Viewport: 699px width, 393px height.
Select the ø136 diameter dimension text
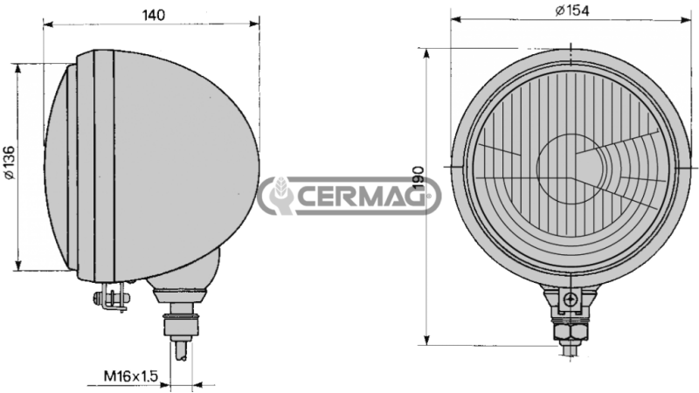(10, 163)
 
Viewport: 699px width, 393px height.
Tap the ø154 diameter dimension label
(572, 10)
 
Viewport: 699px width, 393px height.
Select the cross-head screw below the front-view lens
(570, 300)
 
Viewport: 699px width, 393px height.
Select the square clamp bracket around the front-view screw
(570, 301)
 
